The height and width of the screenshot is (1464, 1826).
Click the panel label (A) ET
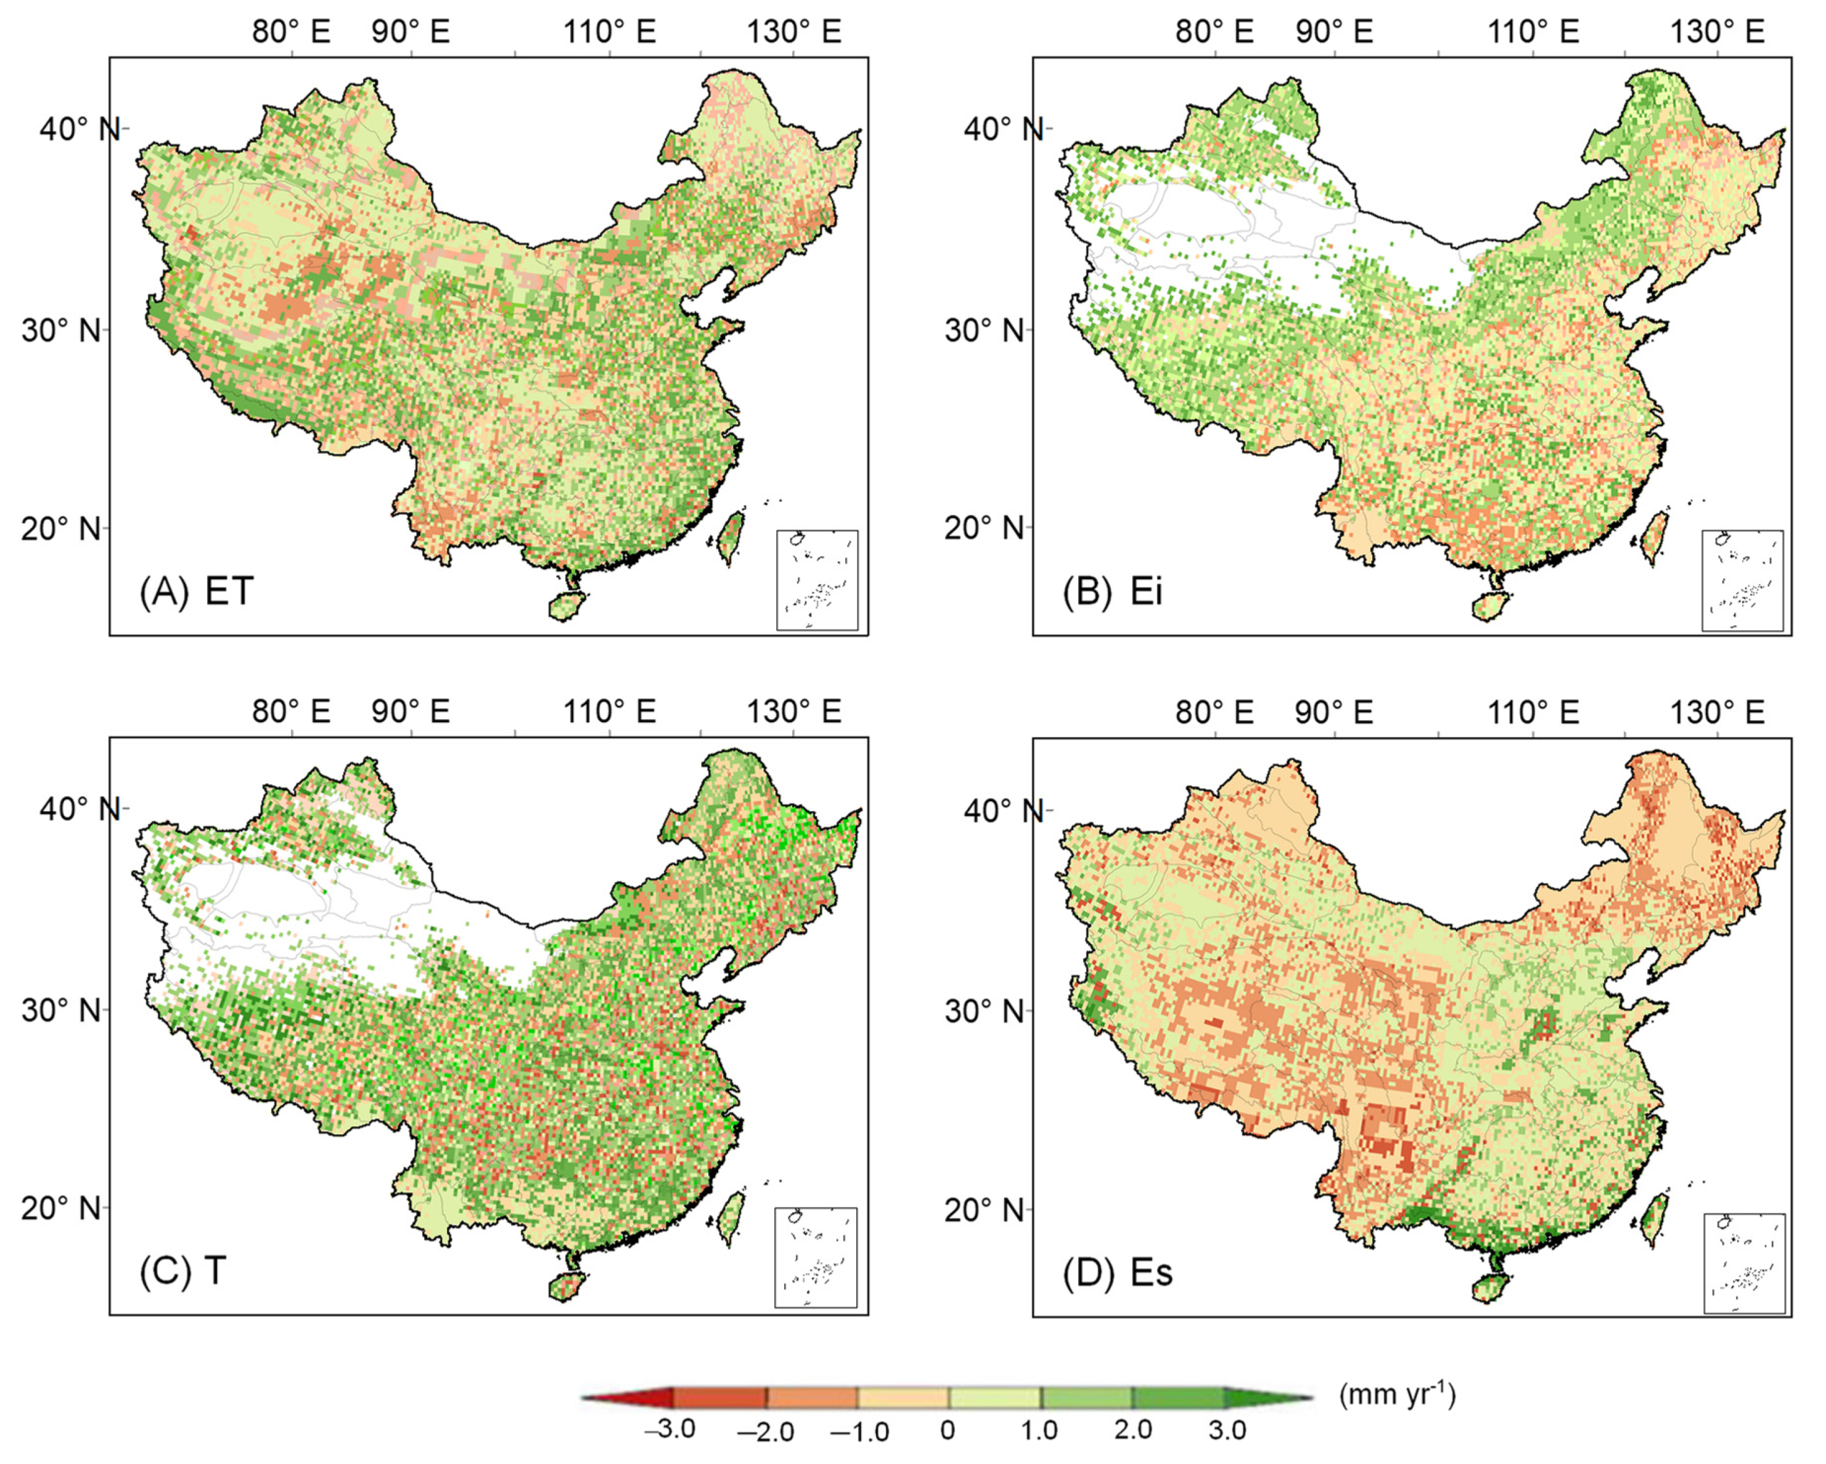pos(197,591)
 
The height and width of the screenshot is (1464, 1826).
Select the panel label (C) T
pos(183,1271)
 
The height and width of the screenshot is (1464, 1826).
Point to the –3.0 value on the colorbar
pos(670,1429)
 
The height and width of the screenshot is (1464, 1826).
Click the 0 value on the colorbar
pos(948,1430)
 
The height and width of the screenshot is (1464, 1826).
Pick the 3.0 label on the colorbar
pos(1226,1430)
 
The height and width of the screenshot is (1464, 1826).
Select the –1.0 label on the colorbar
pos(859,1432)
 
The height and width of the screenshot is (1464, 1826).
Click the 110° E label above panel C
pos(610,712)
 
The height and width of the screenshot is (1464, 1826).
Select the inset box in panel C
pos(816,1257)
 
